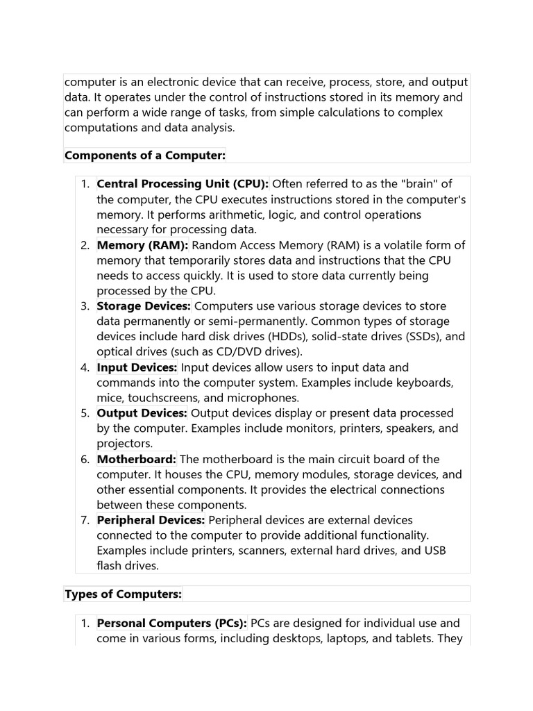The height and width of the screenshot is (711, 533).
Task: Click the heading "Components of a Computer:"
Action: click(x=145, y=156)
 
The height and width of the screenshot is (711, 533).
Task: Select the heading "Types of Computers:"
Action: click(x=123, y=594)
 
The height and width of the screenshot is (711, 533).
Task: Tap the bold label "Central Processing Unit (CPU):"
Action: click(x=183, y=184)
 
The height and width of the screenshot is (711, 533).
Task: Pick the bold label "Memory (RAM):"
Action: click(x=142, y=245)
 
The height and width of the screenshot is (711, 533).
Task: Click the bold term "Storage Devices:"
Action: click(x=144, y=306)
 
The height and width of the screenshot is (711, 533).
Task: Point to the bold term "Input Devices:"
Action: click(x=137, y=367)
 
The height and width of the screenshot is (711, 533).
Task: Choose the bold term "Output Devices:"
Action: click(x=142, y=413)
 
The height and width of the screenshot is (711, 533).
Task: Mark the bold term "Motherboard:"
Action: click(x=137, y=459)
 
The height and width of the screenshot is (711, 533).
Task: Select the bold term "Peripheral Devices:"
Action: click(x=151, y=520)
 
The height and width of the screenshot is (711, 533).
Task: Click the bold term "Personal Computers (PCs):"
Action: click(x=171, y=624)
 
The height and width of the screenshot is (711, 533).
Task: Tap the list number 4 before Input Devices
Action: click(x=85, y=367)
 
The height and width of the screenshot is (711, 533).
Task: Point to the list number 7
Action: click(x=85, y=520)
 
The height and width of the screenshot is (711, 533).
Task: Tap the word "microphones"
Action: click(x=266, y=398)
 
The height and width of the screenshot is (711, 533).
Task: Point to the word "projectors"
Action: click(x=124, y=444)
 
